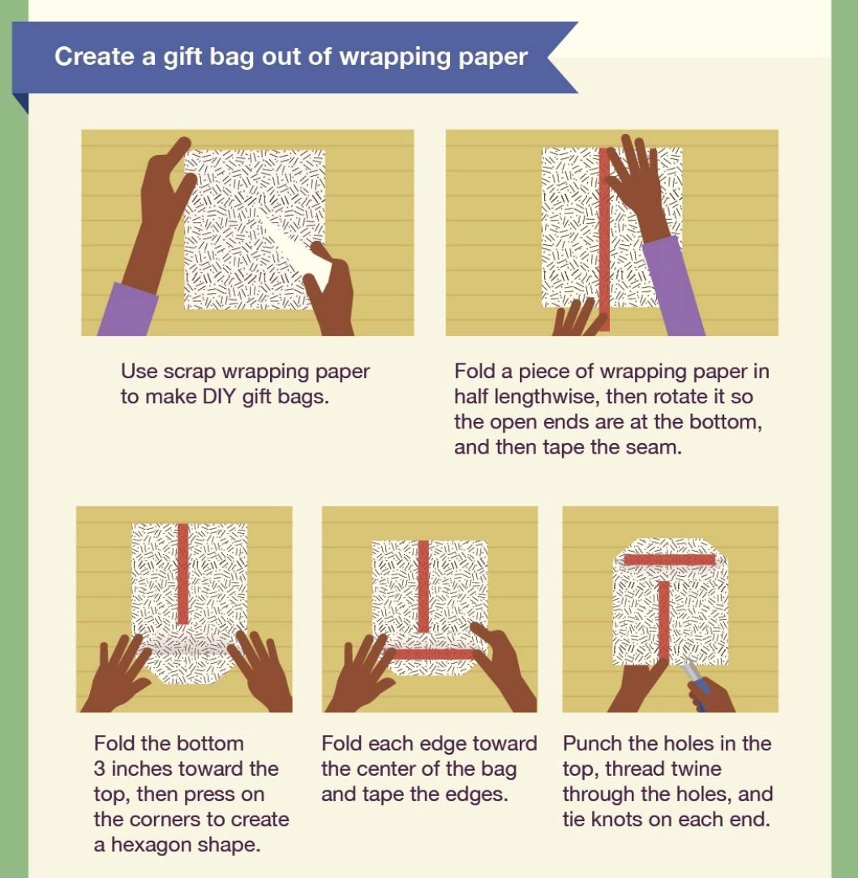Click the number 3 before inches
[x=101, y=768]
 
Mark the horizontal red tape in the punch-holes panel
[x=669, y=560]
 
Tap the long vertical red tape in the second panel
[x=603, y=235]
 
